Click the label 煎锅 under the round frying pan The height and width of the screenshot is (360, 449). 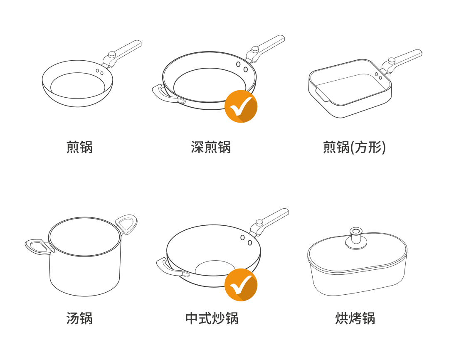tap(79, 147)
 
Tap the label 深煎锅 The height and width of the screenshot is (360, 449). tap(211, 147)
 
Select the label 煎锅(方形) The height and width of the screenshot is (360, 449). tap(354, 147)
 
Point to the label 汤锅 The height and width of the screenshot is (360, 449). tap(79, 318)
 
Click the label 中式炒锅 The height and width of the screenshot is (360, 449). tap(212, 318)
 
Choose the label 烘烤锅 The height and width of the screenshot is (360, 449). tap(355, 318)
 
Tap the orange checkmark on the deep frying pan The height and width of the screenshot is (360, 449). tap(241, 106)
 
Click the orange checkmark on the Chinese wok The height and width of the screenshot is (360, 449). tap(241, 285)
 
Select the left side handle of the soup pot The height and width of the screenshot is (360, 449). tap(39, 247)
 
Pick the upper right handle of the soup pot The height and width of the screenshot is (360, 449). tap(126, 224)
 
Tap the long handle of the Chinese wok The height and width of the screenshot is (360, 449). tap(269, 222)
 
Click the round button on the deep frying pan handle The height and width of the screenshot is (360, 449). tap(255, 50)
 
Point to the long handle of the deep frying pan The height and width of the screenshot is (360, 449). tap(265, 48)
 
